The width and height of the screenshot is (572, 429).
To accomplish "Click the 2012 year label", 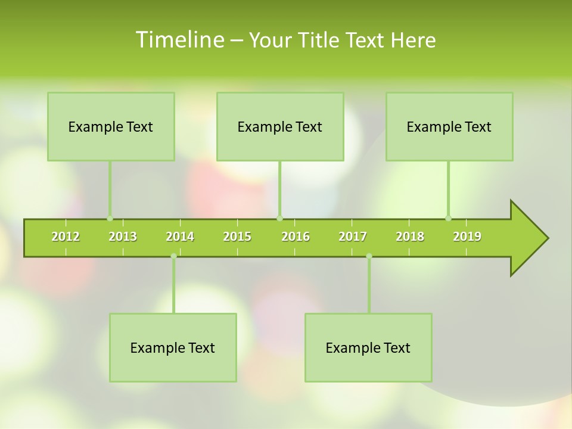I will point(66,237).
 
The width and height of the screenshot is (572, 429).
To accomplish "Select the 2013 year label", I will point(123,237).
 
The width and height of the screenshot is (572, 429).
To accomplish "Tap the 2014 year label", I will point(180,237).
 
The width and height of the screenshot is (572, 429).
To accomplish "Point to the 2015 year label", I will point(237,237).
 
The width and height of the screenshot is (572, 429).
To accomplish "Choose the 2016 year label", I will point(296,237).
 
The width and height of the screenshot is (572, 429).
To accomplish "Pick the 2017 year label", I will point(353,237).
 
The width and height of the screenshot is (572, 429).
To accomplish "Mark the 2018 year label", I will point(410,237).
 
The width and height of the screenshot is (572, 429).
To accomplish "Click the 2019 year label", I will point(467,237).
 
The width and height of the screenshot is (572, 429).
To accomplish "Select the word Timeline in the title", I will point(179,40).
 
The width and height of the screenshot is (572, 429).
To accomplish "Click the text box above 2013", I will point(111,126).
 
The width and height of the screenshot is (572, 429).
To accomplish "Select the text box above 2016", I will point(280,126).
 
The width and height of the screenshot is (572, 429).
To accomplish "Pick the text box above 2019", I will point(449,126).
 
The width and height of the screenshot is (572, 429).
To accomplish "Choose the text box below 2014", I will point(173,347).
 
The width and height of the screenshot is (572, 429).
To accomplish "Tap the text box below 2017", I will point(368,347).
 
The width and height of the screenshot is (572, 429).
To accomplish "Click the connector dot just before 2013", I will point(110,218).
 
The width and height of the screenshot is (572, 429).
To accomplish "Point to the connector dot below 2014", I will point(173,256).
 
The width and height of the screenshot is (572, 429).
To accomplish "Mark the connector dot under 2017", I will point(369,256).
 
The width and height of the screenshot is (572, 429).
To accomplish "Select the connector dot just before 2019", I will point(448,218).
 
